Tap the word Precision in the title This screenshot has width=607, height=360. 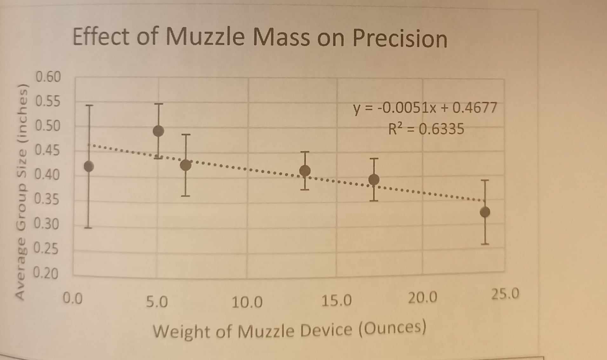[x=400, y=39]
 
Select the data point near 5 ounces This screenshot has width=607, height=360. [x=158, y=131]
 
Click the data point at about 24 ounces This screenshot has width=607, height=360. [x=485, y=212]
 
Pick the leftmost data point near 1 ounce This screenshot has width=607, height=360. [x=89, y=166]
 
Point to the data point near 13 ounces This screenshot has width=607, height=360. [x=305, y=171]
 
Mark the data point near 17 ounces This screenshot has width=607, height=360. [x=374, y=180]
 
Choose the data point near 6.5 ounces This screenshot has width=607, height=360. [x=186, y=165]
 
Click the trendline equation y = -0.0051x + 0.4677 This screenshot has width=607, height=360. [x=425, y=108]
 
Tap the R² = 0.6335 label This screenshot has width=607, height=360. [x=426, y=129]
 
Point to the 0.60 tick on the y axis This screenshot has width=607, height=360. [x=48, y=77]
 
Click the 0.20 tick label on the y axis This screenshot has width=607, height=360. [x=46, y=273]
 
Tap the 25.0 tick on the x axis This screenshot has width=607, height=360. [x=505, y=294]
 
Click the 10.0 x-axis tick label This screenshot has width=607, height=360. [x=247, y=302]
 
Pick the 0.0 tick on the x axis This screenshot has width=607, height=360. [x=73, y=298]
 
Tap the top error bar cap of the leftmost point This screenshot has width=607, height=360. [x=89, y=105]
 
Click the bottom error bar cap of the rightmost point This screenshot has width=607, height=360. [x=485, y=244]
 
